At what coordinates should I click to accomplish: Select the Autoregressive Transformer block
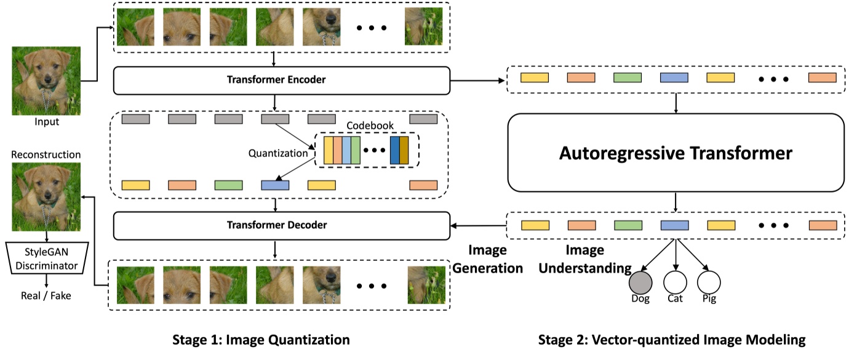point(676,153)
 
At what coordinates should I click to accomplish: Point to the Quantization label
point(277,153)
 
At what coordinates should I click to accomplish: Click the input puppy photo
point(46,81)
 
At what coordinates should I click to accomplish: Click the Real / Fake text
point(46,296)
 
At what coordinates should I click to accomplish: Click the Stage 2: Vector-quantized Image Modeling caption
point(672,340)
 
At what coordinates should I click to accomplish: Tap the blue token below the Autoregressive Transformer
point(674,225)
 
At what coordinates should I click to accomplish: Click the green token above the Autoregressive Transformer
point(628,78)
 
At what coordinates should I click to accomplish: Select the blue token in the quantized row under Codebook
point(274,185)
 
